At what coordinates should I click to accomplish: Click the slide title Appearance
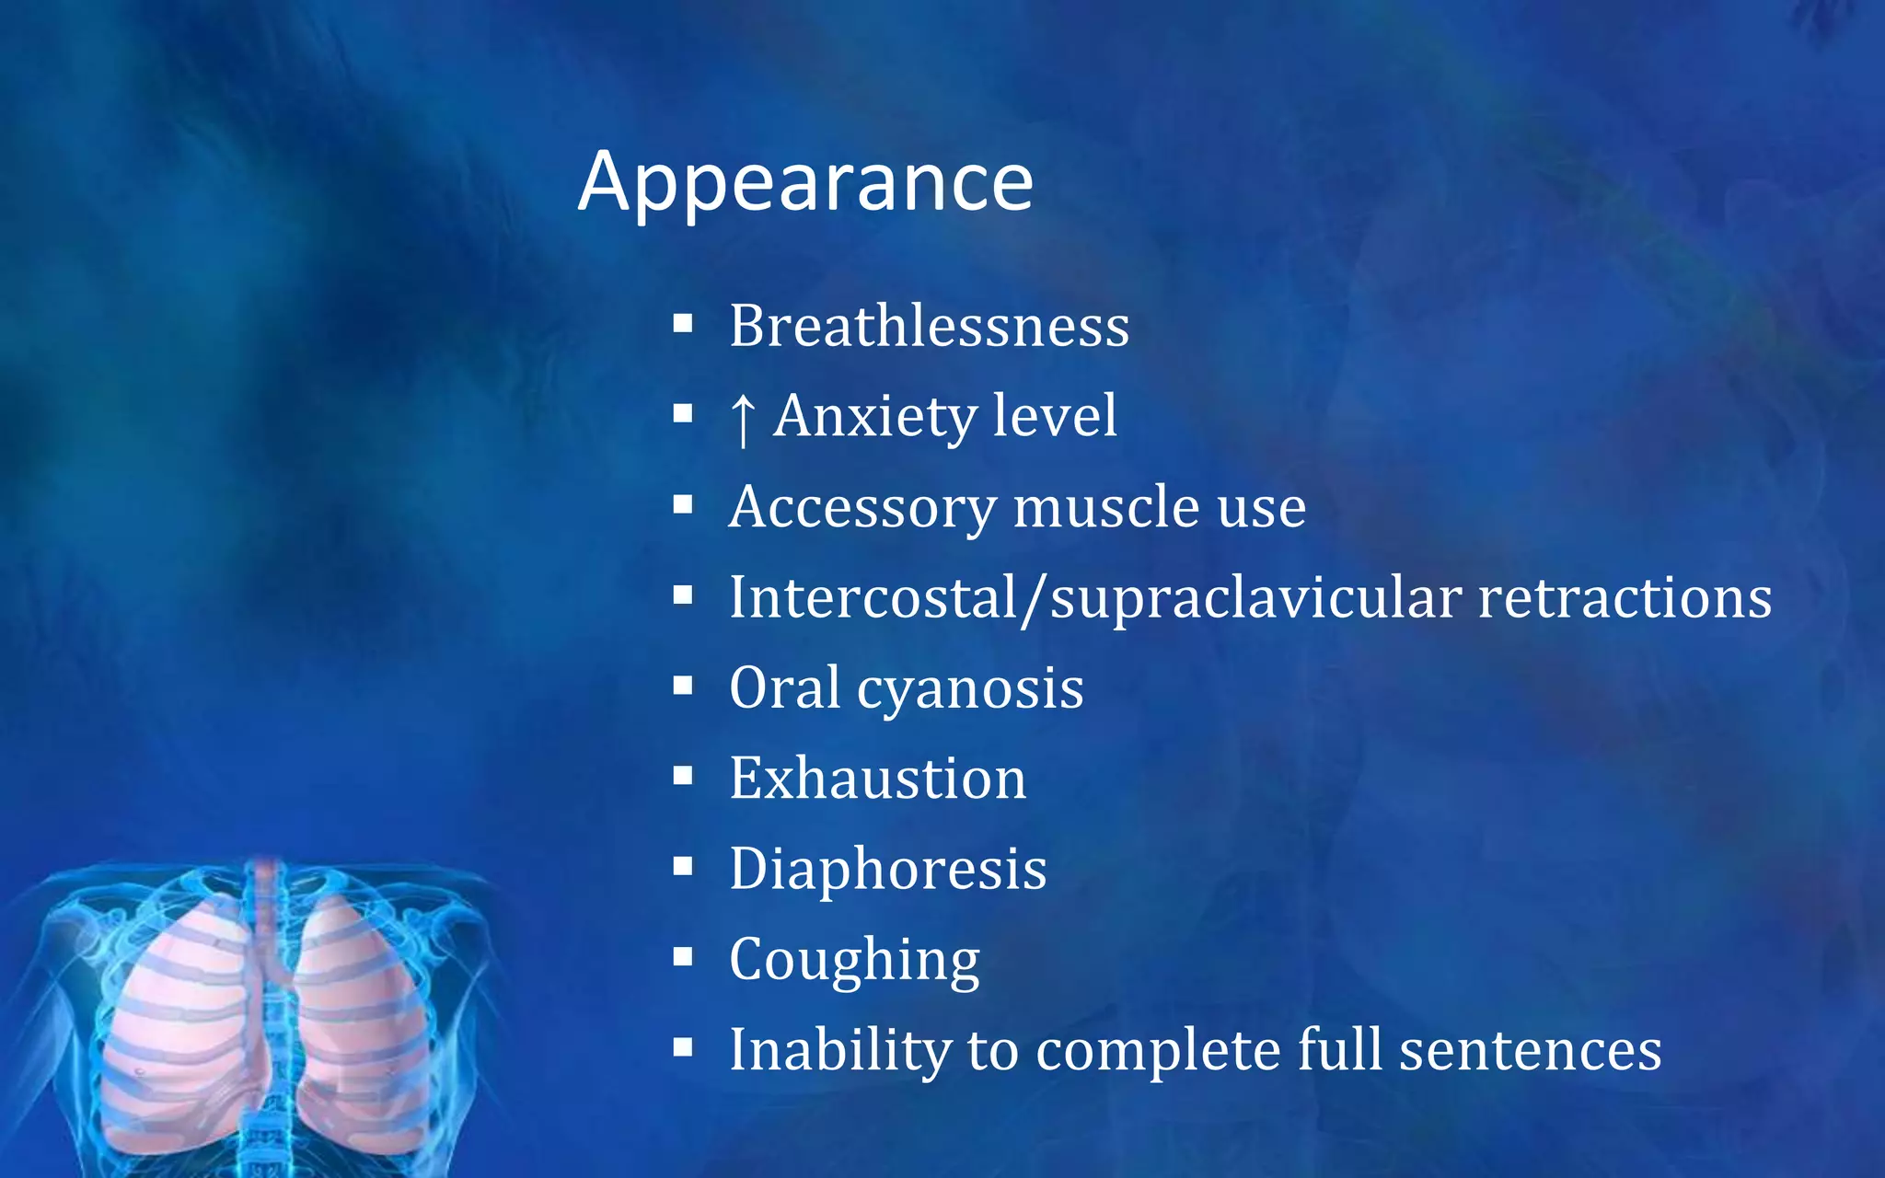point(805,181)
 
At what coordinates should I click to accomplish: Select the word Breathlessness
point(929,326)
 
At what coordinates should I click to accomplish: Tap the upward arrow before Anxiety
point(742,418)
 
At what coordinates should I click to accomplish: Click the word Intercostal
point(873,596)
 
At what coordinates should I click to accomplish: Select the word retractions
point(1625,596)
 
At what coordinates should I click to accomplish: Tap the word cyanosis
point(970,688)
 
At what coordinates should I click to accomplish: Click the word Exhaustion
point(877,778)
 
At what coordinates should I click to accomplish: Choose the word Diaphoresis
point(887,869)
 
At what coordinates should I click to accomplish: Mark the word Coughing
point(854,960)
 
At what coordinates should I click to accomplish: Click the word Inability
point(839,1049)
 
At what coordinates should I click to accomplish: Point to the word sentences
point(1531,1049)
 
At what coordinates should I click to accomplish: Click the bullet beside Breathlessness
point(682,323)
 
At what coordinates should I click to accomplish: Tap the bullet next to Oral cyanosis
point(682,685)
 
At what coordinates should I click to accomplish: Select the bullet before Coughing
point(682,957)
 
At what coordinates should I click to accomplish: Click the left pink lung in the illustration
point(179,1022)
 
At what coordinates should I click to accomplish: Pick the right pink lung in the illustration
point(359,1022)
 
